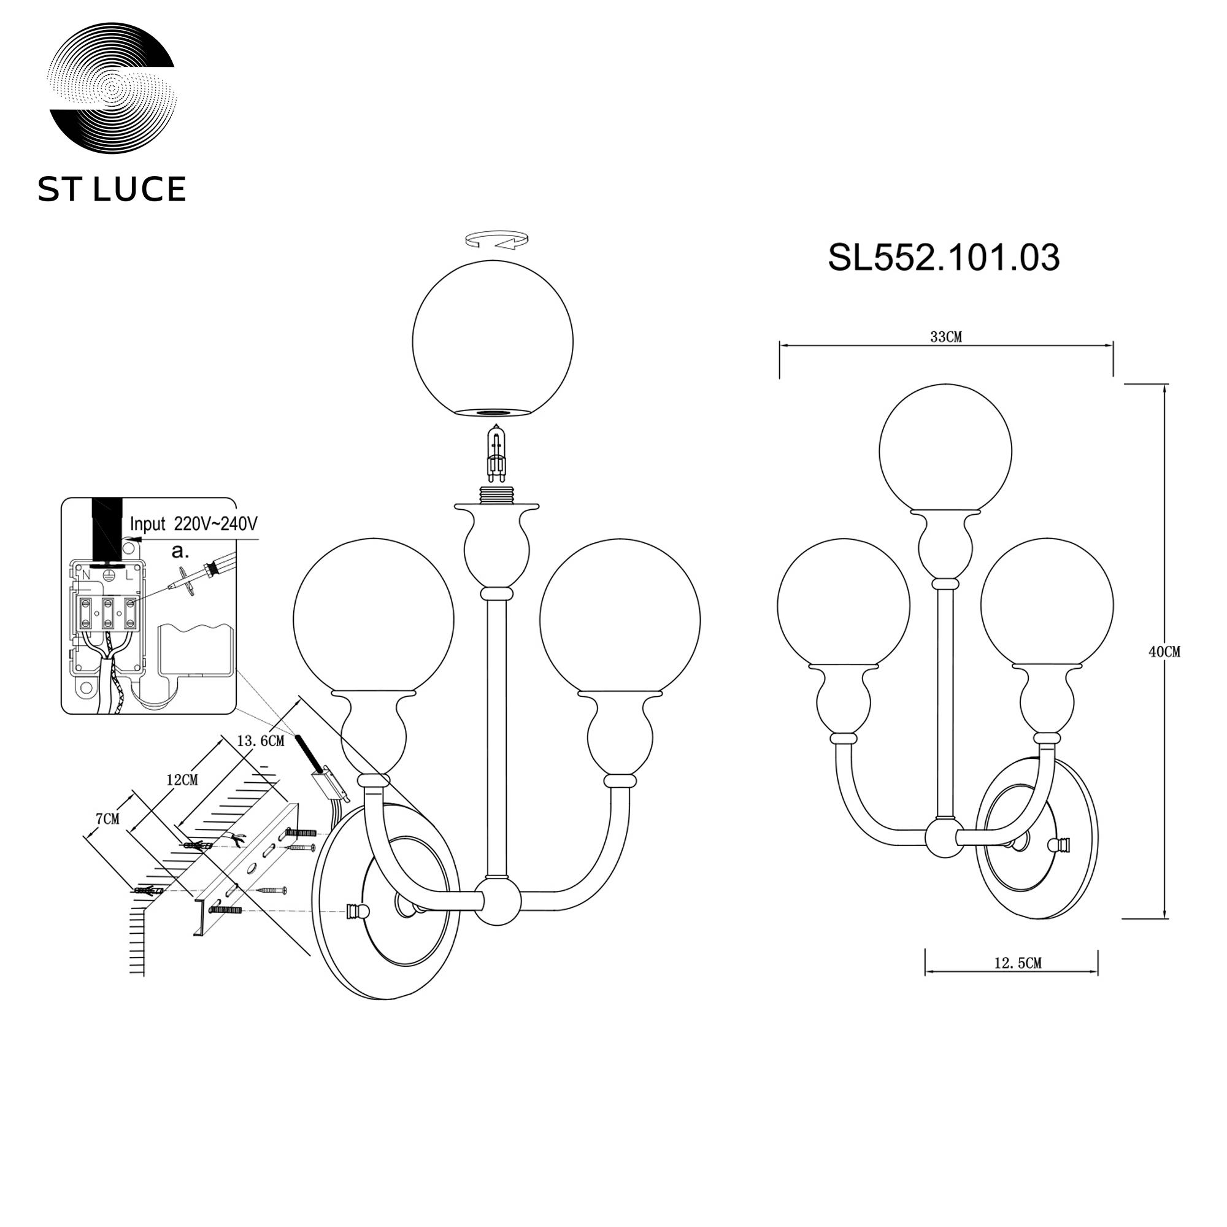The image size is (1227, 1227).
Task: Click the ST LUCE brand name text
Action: tap(112, 189)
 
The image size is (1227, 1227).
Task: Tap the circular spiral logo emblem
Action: tap(112, 89)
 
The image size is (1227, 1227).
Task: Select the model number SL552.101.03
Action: tap(944, 258)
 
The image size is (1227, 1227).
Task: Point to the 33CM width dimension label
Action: tap(946, 337)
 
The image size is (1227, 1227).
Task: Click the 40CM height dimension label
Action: tap(1164, 652)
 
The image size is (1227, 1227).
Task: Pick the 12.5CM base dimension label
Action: tap(1018, 981)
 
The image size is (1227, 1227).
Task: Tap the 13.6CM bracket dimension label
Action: tap(260, 741)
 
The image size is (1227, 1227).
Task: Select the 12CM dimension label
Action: tap(182, 780)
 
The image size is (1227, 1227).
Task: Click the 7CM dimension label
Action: tap(107, 819)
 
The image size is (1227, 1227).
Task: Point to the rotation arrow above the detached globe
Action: tap(496, 240)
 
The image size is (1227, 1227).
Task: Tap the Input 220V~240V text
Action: tap(194, 524)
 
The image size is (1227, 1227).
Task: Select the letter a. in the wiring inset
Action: tap(181, 552)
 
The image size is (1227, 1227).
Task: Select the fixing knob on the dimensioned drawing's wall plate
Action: tap(1061, 845)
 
